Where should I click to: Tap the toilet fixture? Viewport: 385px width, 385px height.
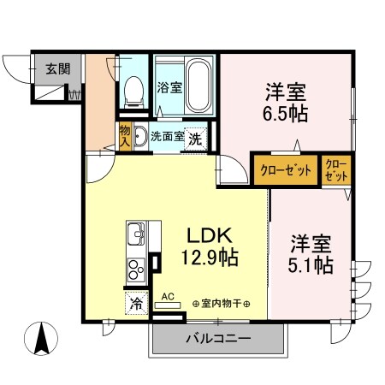coord(133,90)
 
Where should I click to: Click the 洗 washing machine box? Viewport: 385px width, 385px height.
coord(195,138)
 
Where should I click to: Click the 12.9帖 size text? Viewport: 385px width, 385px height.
coord(209,256)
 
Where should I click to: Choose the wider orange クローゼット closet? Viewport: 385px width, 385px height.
coord(286,170)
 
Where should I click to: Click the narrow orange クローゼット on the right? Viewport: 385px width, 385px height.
coord(335,169)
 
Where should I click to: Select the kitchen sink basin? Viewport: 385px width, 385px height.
coord(138,234)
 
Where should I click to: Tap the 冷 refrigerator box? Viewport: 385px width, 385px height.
coord(137,303)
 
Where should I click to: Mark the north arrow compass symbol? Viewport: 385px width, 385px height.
coord(39,340)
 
